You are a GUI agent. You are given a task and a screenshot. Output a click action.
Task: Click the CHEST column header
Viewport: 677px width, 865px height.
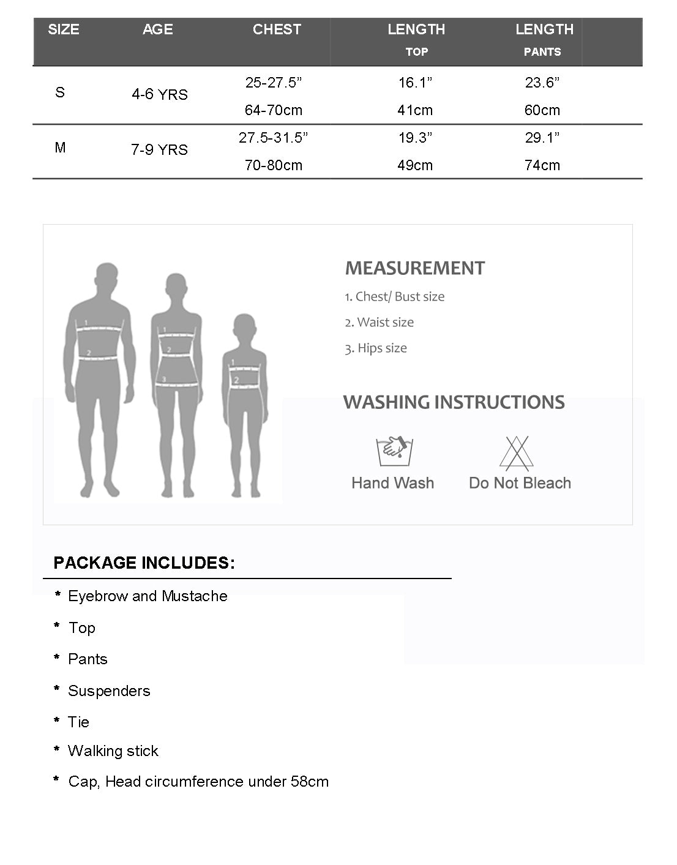pyautogui.click(x=277, y=29)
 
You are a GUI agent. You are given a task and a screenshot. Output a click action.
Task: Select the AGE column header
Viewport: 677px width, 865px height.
pyautogui.click(x=157, y=29)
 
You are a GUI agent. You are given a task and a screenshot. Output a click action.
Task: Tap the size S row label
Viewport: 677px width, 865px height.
pyautogui.click(x=60, y=92)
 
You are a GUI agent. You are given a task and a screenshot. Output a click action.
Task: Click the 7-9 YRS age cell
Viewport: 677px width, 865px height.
pyautogui.click(x=159, y=150)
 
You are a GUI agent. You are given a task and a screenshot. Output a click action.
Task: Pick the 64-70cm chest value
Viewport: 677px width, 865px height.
pyautogui.click(x=274, y=110)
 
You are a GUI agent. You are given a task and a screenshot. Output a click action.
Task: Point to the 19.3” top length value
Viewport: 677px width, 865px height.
pyautogui.click(x=415, y=138)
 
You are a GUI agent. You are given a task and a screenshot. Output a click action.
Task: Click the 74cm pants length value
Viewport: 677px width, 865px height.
pyautogui.click(x=542, y=165)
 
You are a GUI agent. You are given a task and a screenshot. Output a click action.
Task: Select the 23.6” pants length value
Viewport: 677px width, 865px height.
pyautogui.click(x=542, y=83)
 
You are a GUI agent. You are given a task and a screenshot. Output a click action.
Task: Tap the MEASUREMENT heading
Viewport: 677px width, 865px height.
pyautogui.click(x=415, y=268)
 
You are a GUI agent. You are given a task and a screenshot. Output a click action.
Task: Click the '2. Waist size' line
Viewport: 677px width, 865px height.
pyautogui.click(x=380, y=323)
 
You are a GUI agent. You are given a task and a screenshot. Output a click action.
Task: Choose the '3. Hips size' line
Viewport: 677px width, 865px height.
pyautogui.click(x=376, y=348)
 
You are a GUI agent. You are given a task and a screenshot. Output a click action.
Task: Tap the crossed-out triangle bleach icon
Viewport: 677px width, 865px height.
pyautogui.click(x=517, y=453)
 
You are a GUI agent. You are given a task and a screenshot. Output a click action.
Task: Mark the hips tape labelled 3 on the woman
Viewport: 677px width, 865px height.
pyautogui.click(x=178, y=383)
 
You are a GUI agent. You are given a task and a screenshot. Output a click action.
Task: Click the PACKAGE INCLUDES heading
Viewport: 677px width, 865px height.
pyautogui.click(x=144, y=563)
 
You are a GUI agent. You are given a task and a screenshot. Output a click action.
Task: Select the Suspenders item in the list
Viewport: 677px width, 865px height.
pyautogui.click(x=109, y=691)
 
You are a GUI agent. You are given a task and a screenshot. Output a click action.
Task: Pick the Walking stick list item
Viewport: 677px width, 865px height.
pyautogui.click(x=113, y=751)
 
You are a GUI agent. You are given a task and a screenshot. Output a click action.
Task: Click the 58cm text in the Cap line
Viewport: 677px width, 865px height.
pyautogui.click(x=312, y=782)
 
